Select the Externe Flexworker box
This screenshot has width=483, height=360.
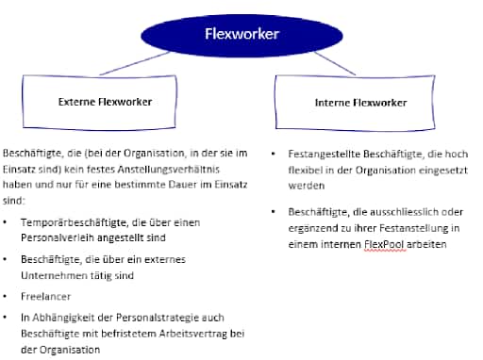tap(106, 101)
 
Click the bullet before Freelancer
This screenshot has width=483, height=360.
tap(8, 295)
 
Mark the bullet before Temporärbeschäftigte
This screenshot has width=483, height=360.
tap(8, 222)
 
